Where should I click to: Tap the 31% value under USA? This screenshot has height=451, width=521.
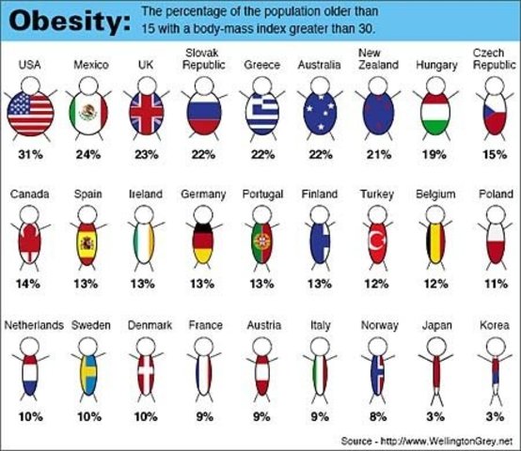coord(30,153)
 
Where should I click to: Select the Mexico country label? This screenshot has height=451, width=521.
coord(90,65)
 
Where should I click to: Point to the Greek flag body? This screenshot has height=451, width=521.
coord(262,116)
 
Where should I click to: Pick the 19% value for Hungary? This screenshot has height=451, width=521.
coord(436,153)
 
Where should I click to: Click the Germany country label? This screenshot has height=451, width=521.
coord(204,194)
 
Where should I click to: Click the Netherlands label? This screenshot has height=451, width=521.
coord(34,325)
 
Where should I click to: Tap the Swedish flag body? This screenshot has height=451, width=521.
coord(89,375)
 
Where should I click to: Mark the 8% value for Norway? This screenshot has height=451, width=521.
coord(377,412)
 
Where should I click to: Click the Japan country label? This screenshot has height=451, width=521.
coord(435,325)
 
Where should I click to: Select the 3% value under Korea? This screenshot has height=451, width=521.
coord(493,412)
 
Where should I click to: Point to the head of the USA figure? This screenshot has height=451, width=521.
coord(30,86)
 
